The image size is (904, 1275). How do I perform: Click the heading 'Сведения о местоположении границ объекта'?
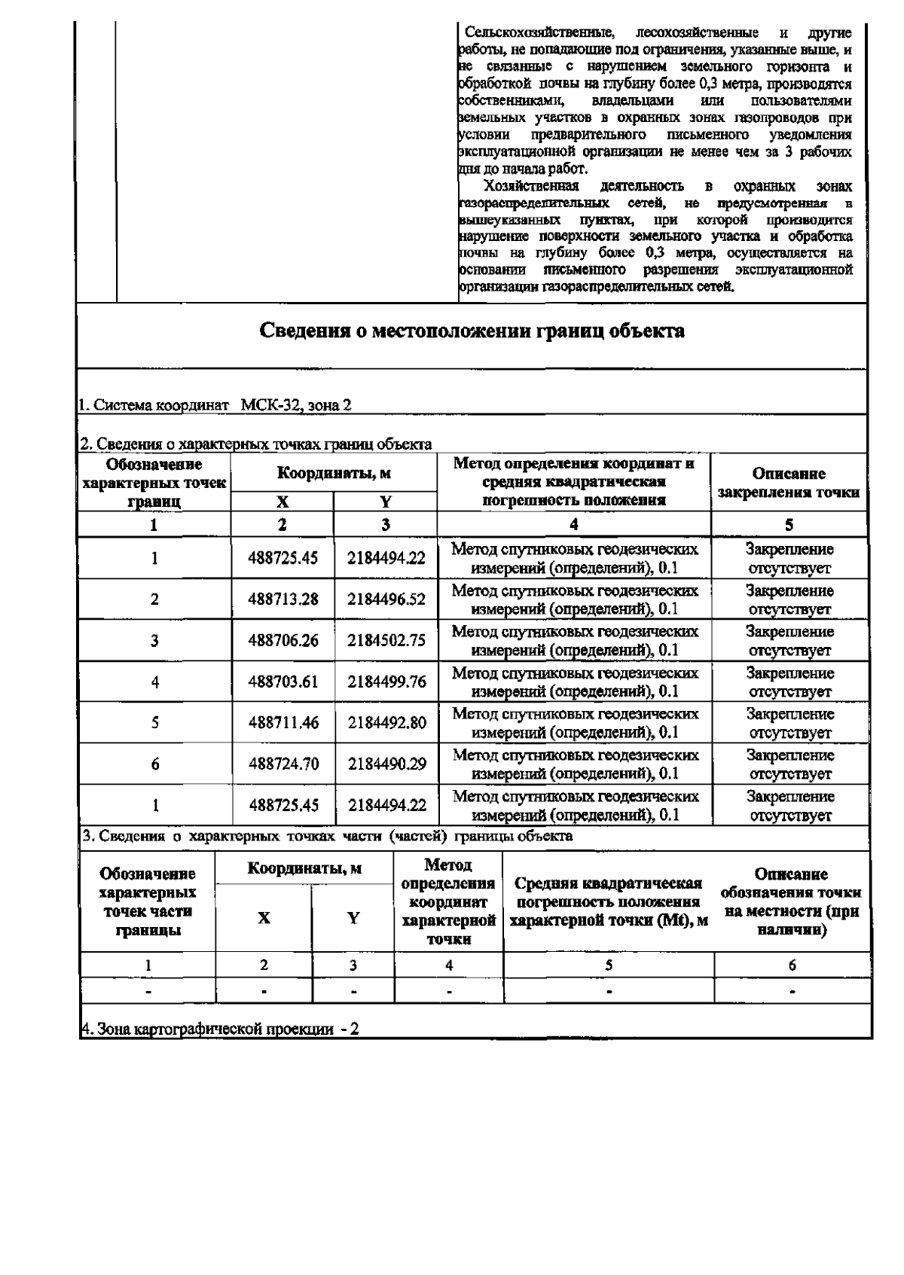[x=472, y=331]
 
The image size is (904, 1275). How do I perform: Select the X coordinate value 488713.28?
[x=283, y=599]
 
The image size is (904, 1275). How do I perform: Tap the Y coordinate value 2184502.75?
[x=386, y=641]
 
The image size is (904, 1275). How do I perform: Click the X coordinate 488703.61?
[x=283, y=682]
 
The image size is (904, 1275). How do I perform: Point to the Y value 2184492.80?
[x=386, y=723]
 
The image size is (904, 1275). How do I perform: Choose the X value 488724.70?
[x=283, y=764]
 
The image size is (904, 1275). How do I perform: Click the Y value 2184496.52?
[x=386, y=599]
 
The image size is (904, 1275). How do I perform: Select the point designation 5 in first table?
[x=154, y=723]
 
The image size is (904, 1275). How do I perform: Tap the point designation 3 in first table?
[x=154, y=641]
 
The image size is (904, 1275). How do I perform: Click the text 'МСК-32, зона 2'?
[x=296, y=405]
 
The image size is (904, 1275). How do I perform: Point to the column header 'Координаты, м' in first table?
[x=334, y=474]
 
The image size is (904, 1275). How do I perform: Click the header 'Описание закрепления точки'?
[x=789, y=483]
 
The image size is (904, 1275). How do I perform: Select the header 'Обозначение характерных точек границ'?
[x=154, y=482]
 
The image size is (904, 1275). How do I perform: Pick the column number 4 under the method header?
[x=574, y=525]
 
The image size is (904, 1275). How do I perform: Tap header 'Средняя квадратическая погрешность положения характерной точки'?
[x=609, y=901]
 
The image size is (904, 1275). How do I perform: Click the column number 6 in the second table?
[x=792, y=965]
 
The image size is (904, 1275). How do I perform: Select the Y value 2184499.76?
[x=386, y=682]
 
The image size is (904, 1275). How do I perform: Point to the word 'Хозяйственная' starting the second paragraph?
[x=532, y=186]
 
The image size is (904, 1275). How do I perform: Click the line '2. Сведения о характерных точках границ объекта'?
[x=256, y=444]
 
